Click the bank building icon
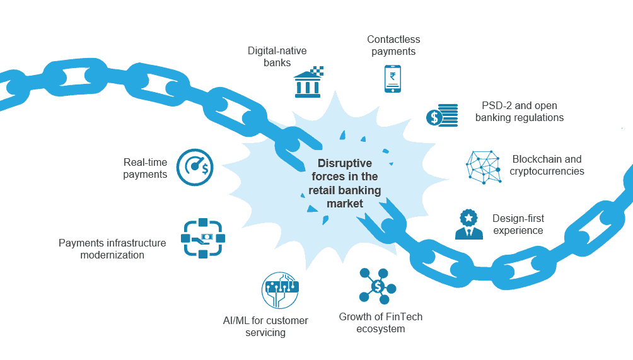click(308, 82)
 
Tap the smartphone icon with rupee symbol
click(393, 79)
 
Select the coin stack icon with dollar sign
click(442, 115)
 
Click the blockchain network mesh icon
click(484, 166)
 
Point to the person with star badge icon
click(468, 224)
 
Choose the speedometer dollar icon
click(195, 167)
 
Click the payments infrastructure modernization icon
click(203, 238)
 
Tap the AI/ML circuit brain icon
click(280, 290)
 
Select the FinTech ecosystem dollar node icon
click(377, 286)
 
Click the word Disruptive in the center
click(344, 163)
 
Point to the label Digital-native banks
click(277, 56)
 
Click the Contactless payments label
click(393, 45)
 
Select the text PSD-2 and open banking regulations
click(519, 112)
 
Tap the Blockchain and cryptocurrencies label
click(547, 165)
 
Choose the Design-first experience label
click(518, 224)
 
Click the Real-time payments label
click(145, 168)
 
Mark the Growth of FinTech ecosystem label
click(380, 322)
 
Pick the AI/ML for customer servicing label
click(265, 326)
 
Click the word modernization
click(112, 255)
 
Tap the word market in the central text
click(344, 204)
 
